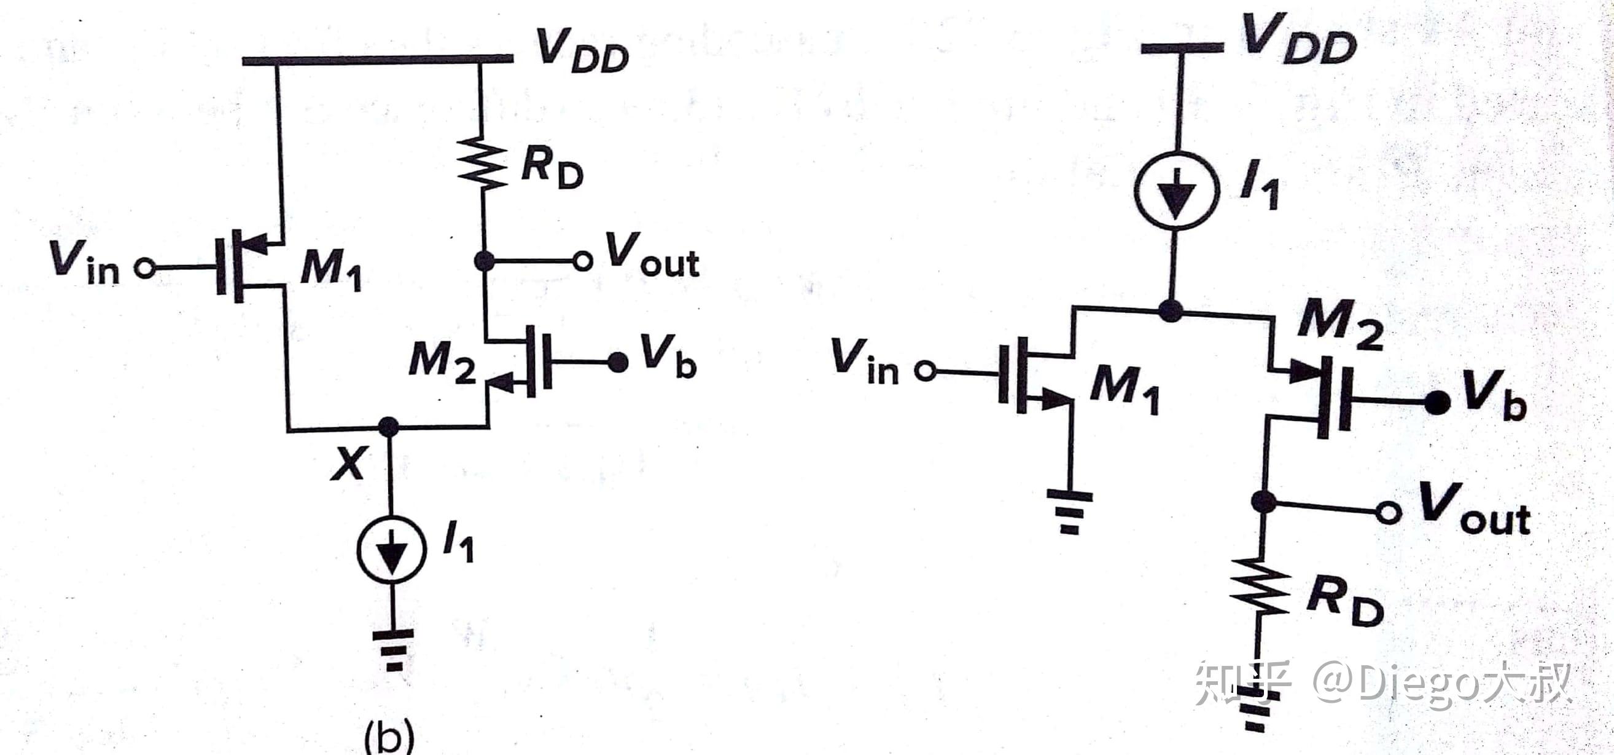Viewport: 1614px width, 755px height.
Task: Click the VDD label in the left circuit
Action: tap(583, 52)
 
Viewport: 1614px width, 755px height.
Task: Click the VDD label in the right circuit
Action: tap(1299, 39)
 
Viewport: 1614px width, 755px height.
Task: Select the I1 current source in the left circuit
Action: tap(392, 550)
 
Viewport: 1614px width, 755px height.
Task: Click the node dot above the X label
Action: tap(389, 427)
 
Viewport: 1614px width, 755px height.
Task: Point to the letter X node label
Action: tap(348, 464)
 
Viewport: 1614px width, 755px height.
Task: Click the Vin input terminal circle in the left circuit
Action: tap(145, 269)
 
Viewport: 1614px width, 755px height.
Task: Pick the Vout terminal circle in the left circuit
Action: tap(583, 261)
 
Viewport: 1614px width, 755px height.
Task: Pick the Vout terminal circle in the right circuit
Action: tap(1389, 513)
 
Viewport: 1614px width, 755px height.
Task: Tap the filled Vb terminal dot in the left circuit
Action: tap(618, 362)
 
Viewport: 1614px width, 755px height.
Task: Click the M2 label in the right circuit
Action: tap(1340, 325)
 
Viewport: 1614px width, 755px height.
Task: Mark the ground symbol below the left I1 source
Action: tap(393, 649)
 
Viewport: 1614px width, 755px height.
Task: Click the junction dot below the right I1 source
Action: tap(1171, 310)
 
